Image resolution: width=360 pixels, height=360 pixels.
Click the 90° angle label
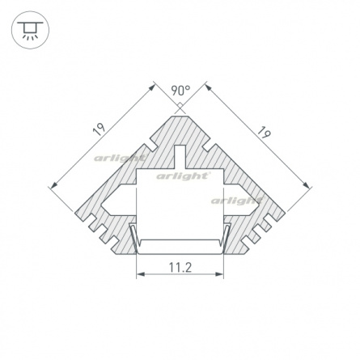click(x=180, y=91)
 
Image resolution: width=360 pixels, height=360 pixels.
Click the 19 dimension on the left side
click(x=99, y=129)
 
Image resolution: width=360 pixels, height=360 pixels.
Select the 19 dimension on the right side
click(x=263, y=133)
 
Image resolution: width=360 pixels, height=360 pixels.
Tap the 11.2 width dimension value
click(x=180, y=268)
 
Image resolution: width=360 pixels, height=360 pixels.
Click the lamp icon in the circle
click(x=30, y=30)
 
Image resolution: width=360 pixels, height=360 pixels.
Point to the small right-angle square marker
click(x=180, y=105)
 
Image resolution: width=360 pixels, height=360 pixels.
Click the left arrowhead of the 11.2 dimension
click(x=141, y=274)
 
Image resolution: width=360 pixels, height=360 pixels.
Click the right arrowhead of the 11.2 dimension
click(x=219, y=274)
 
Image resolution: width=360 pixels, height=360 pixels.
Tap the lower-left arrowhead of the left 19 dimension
click(x=54, y=184)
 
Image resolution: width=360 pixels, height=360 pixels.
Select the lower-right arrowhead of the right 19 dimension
click(x=306, y=184)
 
